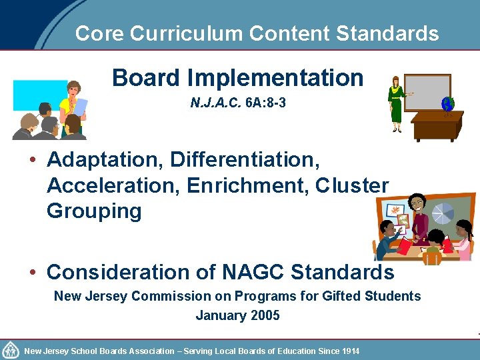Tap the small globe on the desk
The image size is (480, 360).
pos(446,105)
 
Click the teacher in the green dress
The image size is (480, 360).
pos(397,104)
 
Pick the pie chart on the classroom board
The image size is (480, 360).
pos(443,213)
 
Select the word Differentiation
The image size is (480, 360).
pos(245,160)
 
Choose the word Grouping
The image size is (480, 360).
pos(94,211)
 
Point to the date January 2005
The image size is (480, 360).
pos(237,315)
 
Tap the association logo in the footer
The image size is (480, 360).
pos(11,350)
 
